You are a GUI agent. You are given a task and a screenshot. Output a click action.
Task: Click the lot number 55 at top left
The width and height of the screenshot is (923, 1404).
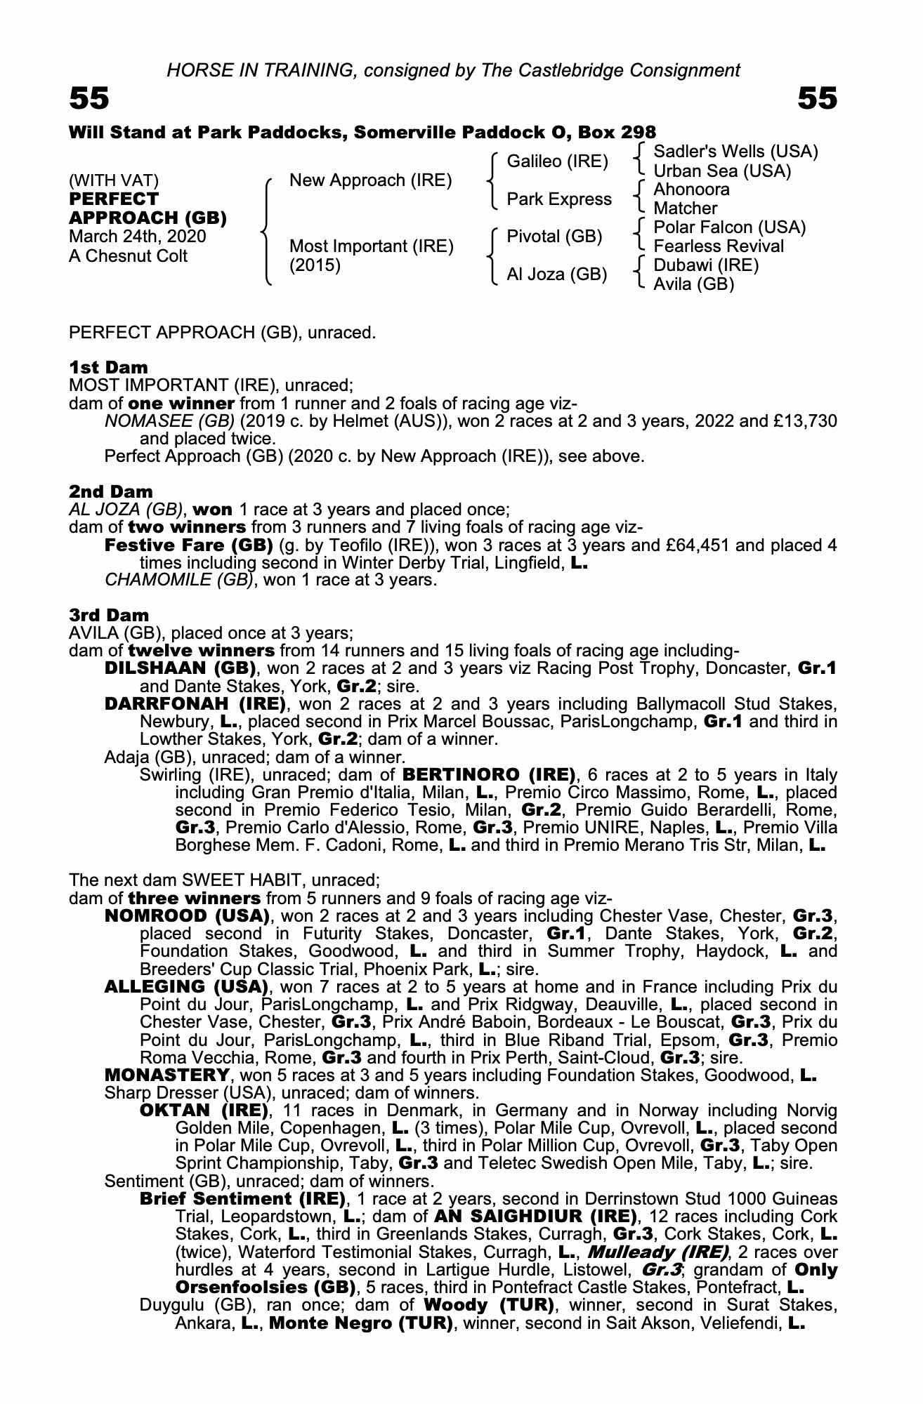(x=89, y=99)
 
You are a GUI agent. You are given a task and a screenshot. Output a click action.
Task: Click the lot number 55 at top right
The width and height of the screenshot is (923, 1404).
(x=818, y=99)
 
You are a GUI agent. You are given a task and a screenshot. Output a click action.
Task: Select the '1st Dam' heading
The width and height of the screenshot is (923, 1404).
(x=108, y=367)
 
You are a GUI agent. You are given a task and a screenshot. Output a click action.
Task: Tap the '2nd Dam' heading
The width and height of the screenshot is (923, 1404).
(x=111, y=491)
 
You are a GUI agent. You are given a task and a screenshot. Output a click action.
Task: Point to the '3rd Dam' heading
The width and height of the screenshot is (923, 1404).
(x=109, y=615)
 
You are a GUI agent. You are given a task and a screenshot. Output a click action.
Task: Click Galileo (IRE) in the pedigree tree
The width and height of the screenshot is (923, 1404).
(x=557, y=161)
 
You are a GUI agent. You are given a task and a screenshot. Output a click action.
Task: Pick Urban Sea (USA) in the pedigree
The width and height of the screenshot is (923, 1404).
(x=722, y=171)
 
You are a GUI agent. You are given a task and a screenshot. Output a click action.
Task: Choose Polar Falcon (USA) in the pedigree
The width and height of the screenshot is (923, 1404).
(x=729, y=227)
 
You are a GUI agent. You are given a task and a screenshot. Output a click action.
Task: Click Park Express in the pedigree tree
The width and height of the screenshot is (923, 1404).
(x=559, y=199)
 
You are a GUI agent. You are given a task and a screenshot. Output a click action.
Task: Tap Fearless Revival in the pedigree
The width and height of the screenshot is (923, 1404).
(x=719, y=246)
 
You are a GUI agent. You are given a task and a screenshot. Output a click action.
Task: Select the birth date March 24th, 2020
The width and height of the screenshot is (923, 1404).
(x=138, y=237)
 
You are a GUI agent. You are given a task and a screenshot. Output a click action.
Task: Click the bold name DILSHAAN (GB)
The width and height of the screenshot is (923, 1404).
(x=179, y=668)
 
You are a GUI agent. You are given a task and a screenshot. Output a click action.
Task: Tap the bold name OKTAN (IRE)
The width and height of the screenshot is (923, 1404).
(x=204, y=1111)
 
